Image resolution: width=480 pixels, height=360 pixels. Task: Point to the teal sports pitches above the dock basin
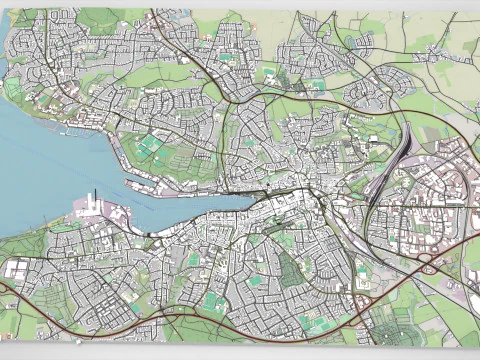[150, 147]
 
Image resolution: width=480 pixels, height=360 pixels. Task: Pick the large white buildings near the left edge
[17, 268]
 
